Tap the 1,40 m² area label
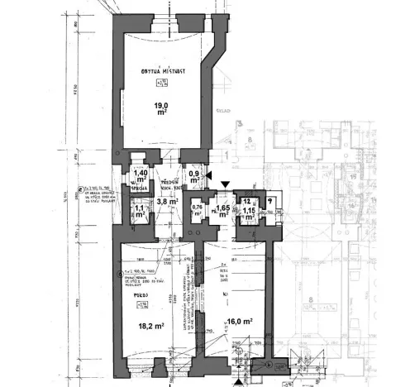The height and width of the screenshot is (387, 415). click(141, 175)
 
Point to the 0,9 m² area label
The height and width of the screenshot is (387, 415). click(194, 177)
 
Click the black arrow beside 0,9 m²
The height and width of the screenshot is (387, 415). click(211, 175)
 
